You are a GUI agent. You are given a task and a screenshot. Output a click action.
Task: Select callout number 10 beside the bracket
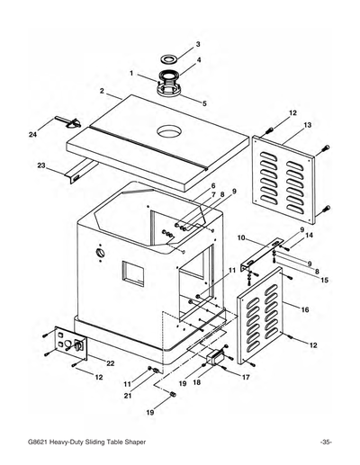tap(241, 237)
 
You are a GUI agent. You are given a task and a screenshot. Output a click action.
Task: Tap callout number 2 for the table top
tap(103, 91)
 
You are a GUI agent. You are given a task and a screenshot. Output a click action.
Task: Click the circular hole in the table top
tap(167, 131)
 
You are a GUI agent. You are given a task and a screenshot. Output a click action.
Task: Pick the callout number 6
tap(212, 185)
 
